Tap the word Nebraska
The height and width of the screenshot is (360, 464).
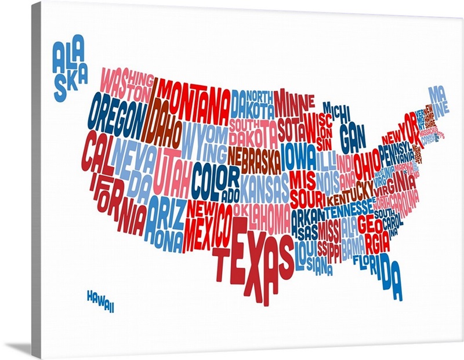254,156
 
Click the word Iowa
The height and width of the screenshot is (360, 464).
299,155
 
